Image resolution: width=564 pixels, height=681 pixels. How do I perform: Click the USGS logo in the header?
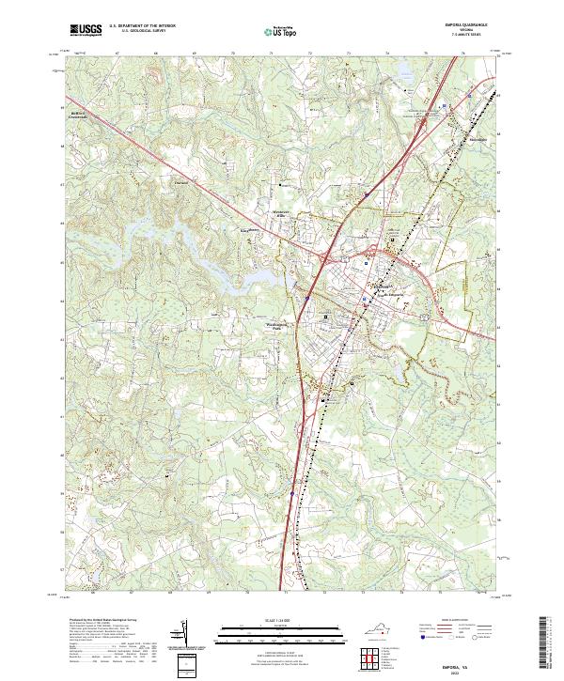coord(86,31)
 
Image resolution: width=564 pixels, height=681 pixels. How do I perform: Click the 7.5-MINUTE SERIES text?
coord(457,37)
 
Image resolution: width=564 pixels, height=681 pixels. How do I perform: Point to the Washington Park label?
coord(269,327)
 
